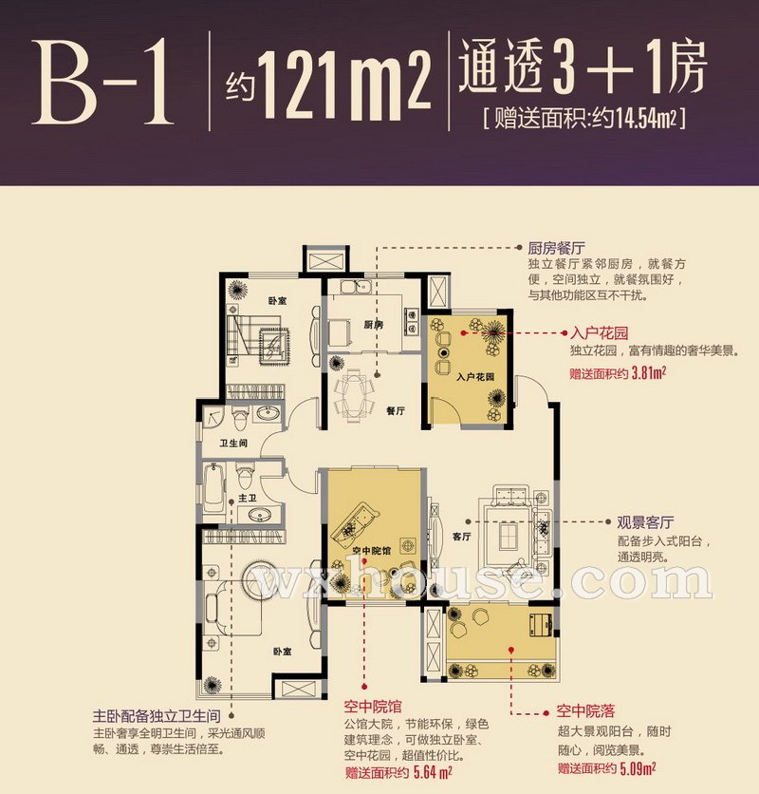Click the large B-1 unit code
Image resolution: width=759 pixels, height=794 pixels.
tap(102, 83)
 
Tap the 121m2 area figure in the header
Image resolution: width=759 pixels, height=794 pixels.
tap(345, 85)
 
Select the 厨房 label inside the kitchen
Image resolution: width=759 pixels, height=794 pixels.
tap(374, 325)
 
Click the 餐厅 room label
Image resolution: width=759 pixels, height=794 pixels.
tap(396, 410)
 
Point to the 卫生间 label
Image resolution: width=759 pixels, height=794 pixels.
tap(233, 444)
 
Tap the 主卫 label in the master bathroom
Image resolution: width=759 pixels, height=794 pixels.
tap(248, 499)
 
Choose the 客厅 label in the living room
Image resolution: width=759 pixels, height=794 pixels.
tap(461, 537)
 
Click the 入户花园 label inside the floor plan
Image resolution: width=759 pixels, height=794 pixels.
tap(474, 377)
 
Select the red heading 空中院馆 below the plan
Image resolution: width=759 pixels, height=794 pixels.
tap(373, 706)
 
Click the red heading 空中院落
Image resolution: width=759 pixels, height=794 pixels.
tap(585, 711)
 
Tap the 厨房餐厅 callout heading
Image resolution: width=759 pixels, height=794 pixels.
tap(556, 248)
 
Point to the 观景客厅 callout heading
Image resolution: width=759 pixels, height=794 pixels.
tap(645, 522)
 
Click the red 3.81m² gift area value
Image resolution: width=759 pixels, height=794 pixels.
tap(649, 373)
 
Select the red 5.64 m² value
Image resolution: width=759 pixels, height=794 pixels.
tap(433, 772)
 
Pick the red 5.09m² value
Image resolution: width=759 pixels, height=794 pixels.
tap(639, 768)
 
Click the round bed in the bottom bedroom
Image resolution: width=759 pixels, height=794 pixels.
tap(265, 579)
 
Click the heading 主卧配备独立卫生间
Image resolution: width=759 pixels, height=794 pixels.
tap(157, 716)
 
